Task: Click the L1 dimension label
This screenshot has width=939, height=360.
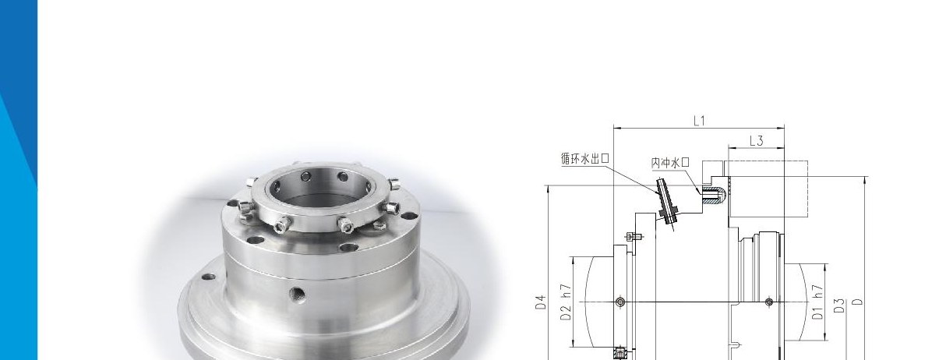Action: [x=699, y=121]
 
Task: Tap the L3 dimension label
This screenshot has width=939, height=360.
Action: [x=756, y=141]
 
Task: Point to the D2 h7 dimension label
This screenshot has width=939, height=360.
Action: [x=566, y=302]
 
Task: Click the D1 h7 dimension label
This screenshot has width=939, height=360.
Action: [x=817, y=302]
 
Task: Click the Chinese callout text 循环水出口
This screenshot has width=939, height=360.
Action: [x=584, y=158]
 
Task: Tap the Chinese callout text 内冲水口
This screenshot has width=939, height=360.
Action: [x=670, y=163]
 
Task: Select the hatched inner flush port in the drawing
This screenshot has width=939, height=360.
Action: [x=714, y=195]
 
